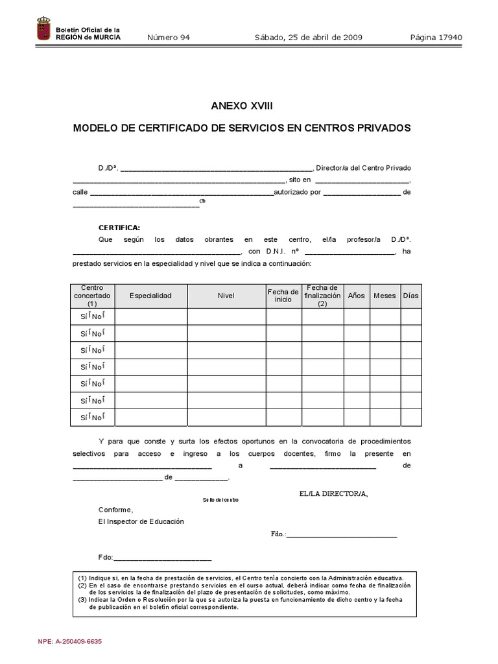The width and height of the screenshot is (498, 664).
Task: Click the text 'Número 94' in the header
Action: pyautogui.click(x=169, y=38)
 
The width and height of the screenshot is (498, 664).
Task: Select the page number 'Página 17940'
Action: pyautogui.click(x=436, y=38)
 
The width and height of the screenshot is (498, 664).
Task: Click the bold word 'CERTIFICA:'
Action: pyautogui.click(x=119, y=228)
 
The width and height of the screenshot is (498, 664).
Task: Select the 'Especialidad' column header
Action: pyautogui.click(x=150, y=296)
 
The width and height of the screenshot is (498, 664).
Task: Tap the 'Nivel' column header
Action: pyautogui.click(x=226, y=296)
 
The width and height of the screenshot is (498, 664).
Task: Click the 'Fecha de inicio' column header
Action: pyautogui.click(x=283, y=296)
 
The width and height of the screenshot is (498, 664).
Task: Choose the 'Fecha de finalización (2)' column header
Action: pyautogui.click(x=322, y=296)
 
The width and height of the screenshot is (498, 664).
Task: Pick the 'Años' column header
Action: pyautogui.click(x=357, y=296)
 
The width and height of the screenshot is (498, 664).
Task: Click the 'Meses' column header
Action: pyautogui.click(x=385, y=296)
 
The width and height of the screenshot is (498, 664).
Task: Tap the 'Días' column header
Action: pyautogui.click(x=410, y=296)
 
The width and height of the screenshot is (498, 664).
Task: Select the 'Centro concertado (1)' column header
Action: pyautogui.click(x=92, y=296)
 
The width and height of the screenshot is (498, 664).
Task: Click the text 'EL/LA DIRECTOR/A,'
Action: pyautogui.click(x=333, y=494)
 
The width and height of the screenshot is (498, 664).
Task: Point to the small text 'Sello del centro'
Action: pyautogui.click(x=220, y=500)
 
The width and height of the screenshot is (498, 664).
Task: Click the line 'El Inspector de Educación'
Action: pyautogui.click(x=141, y=521)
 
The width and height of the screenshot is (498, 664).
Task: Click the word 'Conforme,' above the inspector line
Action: pyautogui.click(x=115, y=509)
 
